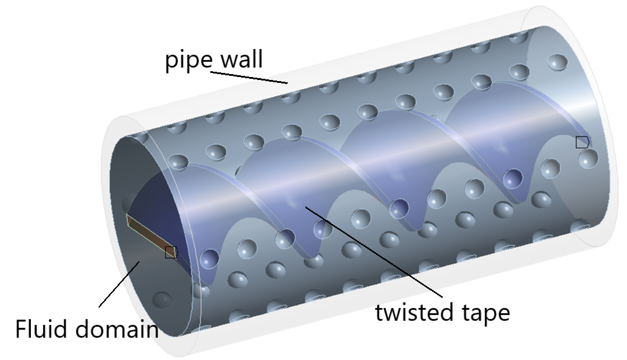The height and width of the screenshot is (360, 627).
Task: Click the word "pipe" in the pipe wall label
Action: [189, 61]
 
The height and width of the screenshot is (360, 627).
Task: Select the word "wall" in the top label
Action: [241, 59]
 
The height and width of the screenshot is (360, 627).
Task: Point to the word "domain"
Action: [117, 329]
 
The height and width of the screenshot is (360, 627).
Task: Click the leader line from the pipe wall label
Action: [249, 78]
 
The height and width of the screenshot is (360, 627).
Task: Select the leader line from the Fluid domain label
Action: [119, 284]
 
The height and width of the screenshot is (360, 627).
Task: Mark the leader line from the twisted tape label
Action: [374, 251]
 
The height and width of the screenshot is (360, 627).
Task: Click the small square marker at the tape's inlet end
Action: [171, 252]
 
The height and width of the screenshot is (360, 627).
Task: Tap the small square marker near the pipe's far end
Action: [582, 142]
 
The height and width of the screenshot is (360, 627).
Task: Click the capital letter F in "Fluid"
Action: [21, 329]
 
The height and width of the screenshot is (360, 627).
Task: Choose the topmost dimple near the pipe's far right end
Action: [557, 62]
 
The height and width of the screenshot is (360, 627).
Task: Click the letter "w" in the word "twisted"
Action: [391, 313]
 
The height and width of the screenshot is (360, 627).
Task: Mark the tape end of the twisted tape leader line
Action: [306, 207]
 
